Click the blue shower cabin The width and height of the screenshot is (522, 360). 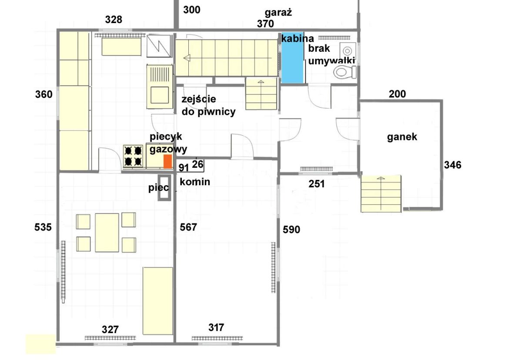click(292, 57)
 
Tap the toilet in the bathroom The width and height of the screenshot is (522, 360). click(345, 72)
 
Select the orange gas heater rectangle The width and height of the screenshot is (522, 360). click(167, 161)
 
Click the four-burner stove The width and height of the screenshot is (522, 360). click(133, 156)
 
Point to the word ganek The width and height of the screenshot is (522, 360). click(402, 137)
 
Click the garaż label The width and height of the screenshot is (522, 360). click(278, 12)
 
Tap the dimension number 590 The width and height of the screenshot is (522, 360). click(291, 230)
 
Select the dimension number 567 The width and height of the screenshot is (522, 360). click(188, 227)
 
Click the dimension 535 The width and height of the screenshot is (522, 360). click(43, 227)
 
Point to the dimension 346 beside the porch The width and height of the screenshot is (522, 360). click(452, 165)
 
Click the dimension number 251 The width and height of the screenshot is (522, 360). click(317, 184)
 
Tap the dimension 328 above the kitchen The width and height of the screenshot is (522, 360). click(114, 20)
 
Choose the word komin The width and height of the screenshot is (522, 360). click(195, 182)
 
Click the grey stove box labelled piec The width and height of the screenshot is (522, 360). click(164, 188)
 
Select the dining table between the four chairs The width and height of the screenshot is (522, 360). click(107, 233)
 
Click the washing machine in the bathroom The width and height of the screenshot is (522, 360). click(348, 50)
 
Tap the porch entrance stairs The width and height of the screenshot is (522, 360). click(381, 194)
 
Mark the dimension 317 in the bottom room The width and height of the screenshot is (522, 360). click(216, 327)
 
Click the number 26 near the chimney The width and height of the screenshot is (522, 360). click(197, 164)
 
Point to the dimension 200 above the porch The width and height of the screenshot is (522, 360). click(397, 94)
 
